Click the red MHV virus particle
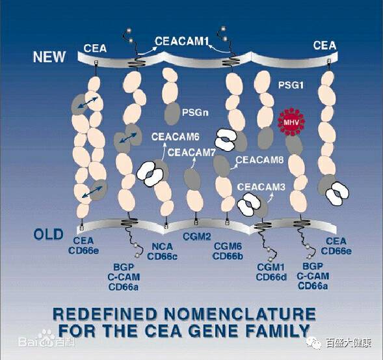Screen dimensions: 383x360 292,122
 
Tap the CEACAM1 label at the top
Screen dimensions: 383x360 181,41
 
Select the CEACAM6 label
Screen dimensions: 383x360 176,137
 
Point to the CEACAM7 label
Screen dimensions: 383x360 191,152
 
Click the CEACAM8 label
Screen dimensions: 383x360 259,159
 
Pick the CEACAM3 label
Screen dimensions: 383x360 261,187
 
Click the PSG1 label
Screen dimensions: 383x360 291,85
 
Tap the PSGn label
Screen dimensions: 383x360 195,113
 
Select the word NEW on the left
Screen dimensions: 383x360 49,57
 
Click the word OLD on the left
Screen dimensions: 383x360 48,234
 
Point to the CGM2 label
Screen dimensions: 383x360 197,236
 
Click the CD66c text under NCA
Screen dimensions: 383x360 163,256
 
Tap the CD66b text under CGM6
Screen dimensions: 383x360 228,256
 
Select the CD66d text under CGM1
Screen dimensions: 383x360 271,277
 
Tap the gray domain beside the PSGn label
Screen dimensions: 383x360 172,113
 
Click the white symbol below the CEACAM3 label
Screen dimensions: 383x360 249,204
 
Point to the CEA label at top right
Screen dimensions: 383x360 324,46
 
